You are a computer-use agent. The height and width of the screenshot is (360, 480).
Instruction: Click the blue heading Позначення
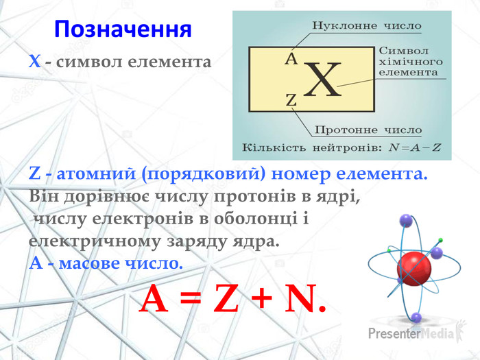click(123, 29)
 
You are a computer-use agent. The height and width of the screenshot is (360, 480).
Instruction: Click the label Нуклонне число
click(367, 25)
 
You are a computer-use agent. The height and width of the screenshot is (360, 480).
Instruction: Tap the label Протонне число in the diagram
click(368, 130)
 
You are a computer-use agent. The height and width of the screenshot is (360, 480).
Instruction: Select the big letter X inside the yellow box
click(322, 80)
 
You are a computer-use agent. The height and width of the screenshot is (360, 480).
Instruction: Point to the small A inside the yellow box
click(291, 59)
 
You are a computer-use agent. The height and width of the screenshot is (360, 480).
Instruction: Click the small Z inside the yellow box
click(291, 100)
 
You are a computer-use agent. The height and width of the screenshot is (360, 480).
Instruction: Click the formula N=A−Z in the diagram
click(414, 148)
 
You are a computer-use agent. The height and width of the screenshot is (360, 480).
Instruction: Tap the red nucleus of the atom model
click(414, 269)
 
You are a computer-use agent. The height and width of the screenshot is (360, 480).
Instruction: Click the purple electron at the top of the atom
click(406, 221)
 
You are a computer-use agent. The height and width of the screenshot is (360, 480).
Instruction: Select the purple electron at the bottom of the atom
click(416, 317)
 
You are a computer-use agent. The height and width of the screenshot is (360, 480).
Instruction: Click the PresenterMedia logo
click(418, 331)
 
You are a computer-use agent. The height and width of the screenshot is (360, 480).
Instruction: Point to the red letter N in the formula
click(301, 298)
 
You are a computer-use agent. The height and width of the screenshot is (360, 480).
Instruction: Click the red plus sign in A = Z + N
click(261, 298)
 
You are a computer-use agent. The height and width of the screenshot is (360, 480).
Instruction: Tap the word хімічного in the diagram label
click(411, 62)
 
